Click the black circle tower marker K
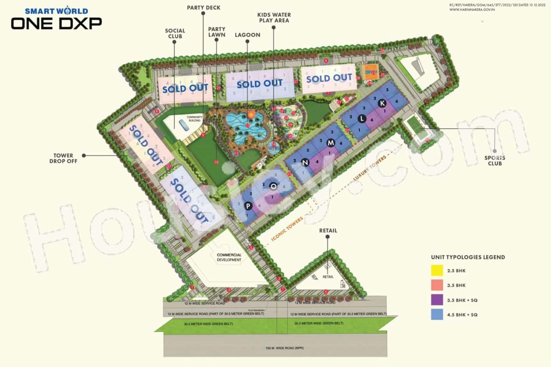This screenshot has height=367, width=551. [x=382, y=103]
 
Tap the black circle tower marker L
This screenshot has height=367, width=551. [x=362, y=118]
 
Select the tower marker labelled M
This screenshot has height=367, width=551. [x=331, y=142]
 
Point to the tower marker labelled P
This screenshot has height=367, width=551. [x=248, y=206]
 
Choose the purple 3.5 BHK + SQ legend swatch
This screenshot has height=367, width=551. [x=437, y=300]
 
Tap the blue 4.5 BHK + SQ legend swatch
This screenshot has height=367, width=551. [x=437, y=315]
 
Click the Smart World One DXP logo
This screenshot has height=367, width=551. [x=56, y=19]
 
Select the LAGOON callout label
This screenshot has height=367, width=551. [x=248, y=35]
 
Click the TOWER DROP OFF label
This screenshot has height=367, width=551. [x=64, y=158]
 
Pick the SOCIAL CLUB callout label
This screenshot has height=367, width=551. [x=175, y=34]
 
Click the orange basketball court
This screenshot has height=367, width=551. [x=369, y=71]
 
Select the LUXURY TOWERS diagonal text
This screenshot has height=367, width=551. [x=370, y=168]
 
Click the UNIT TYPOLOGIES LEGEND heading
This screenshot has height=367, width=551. [x=468, y=257]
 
